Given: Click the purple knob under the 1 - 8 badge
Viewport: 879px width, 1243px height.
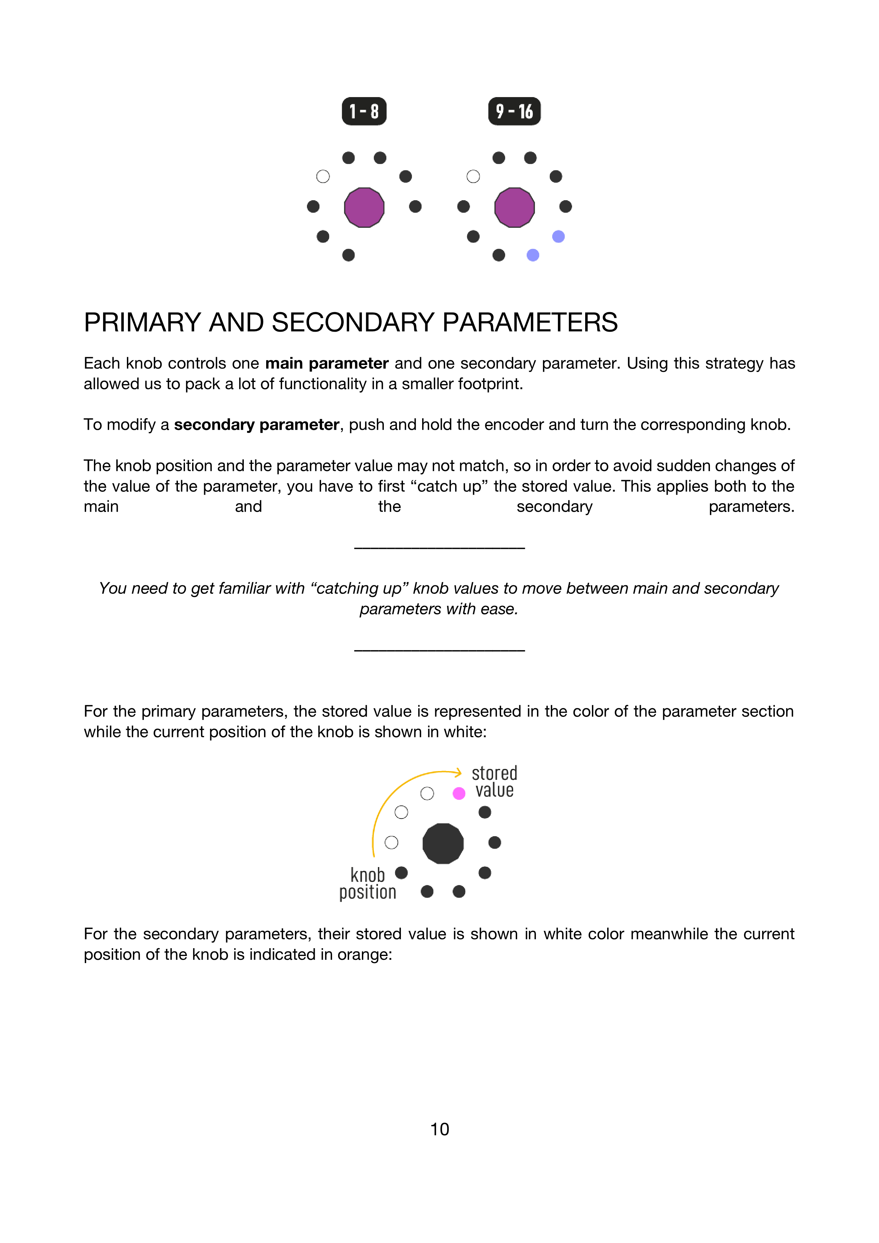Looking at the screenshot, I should point(364,207).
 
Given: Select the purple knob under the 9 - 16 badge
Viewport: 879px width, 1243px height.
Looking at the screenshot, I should point(514,207).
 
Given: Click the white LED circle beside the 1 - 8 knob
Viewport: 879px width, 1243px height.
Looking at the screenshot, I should point(323,176).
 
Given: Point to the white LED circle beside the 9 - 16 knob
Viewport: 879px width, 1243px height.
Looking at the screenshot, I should point(473,176).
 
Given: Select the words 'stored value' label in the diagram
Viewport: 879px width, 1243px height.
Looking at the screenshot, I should point(494,781).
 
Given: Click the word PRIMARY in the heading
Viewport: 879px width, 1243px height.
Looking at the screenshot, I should point(142,323).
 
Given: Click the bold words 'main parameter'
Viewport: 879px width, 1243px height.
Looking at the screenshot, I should point(326,363).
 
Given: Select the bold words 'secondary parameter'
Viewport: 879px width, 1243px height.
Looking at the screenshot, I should point(256,424).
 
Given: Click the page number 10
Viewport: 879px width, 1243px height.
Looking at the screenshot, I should point(439,1129).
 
